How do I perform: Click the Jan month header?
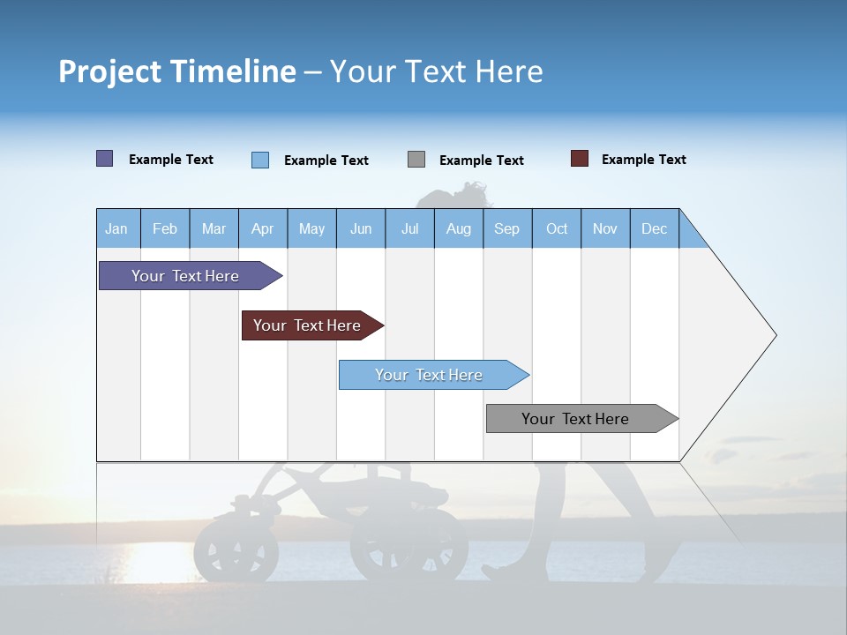(x=116, y=228)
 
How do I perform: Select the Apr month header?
(x=262, y=228)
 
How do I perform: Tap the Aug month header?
(x=458, y=228)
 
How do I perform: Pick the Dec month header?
(x=654, y=228)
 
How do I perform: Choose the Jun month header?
(x=360, y=228)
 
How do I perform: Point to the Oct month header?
(x=556, y=228)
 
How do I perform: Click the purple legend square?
(x=104, y=159)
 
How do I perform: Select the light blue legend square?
(x=259, y=160)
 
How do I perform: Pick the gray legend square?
(x=416, y=160)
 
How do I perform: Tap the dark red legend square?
(x=579, y=159)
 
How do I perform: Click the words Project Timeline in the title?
(x=176, y=71)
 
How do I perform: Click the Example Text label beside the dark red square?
(x=643, y=160)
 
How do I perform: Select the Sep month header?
(x=506, y=228)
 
